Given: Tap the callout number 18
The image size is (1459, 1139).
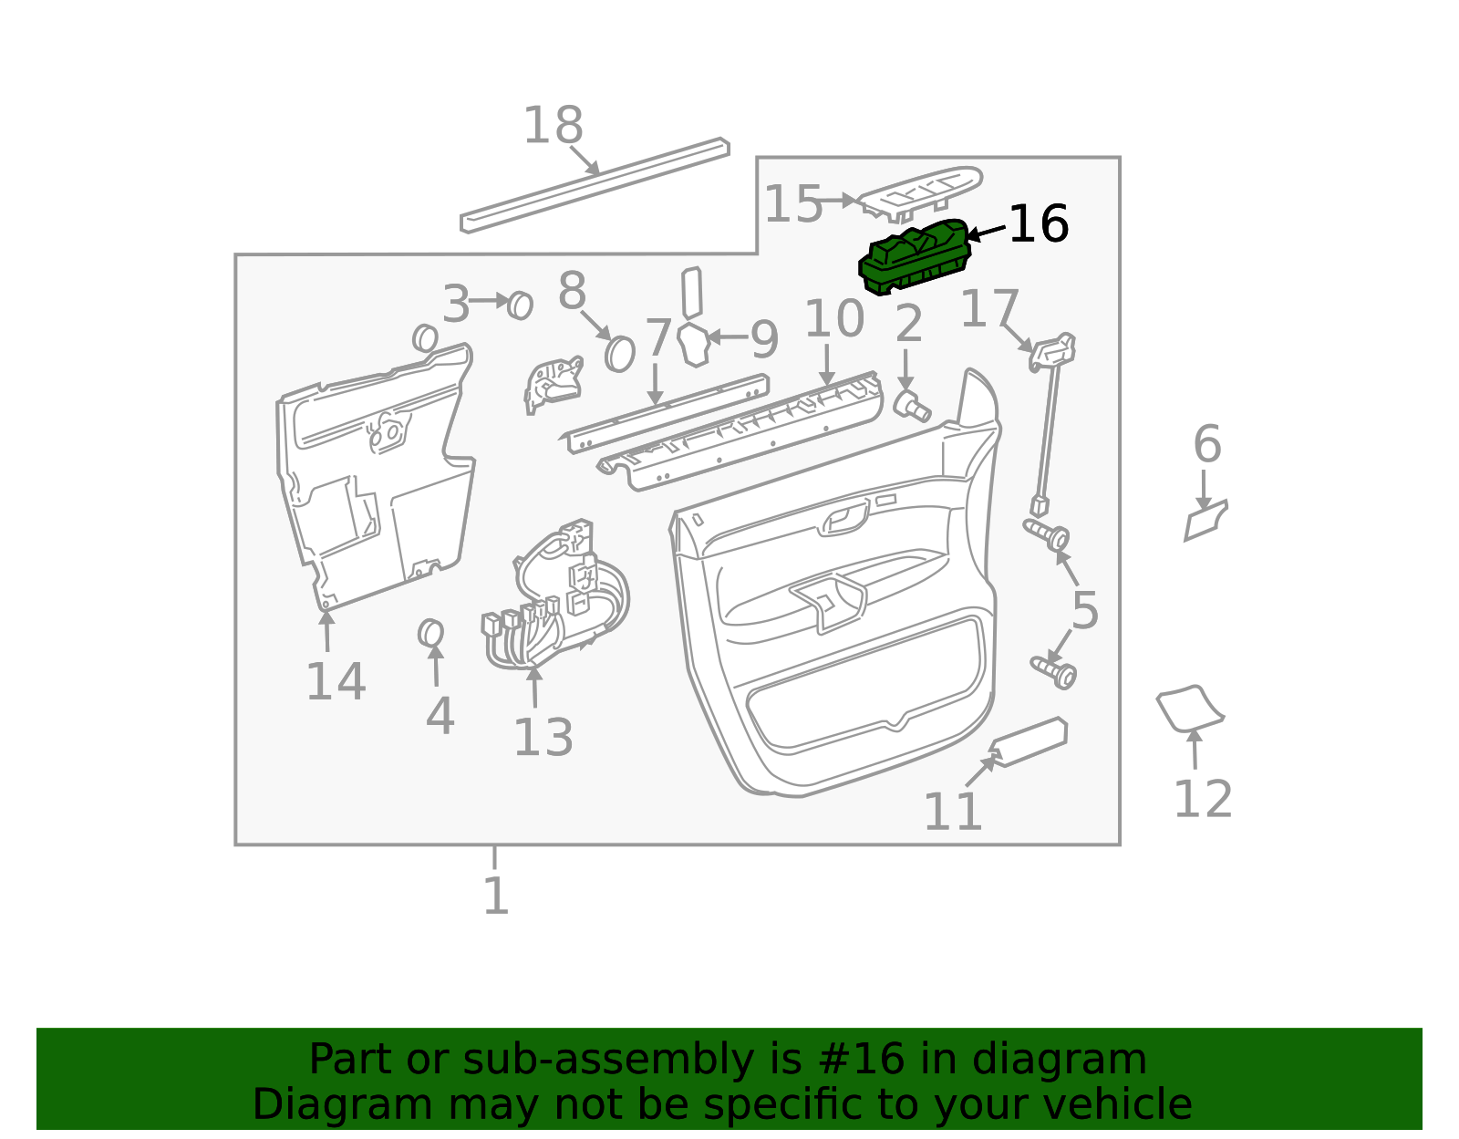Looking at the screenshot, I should pos(553,126).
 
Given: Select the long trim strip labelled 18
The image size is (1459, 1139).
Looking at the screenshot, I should pos(595,186).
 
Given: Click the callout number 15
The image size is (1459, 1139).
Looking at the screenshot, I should pos(792,204).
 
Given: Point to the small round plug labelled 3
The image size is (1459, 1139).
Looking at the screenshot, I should pos(520,305).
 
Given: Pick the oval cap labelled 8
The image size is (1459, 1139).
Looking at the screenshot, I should pos(619,353).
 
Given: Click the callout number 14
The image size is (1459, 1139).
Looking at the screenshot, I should pos(336,682).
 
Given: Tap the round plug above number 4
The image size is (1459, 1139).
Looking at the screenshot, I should pos(430,633).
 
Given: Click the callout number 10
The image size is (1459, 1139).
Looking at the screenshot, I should pos(833,319).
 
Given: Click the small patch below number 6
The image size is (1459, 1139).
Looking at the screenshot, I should pos(1205,523).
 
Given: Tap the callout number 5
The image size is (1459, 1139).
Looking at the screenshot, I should pos(1084,610).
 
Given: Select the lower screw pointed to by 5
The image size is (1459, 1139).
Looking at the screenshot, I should pos(1055,671).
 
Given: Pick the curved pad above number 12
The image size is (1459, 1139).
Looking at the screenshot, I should pos(1189,708).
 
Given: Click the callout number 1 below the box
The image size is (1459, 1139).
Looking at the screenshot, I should pos(495,896).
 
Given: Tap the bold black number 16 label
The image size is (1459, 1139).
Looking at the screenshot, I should pos(1039,224).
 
